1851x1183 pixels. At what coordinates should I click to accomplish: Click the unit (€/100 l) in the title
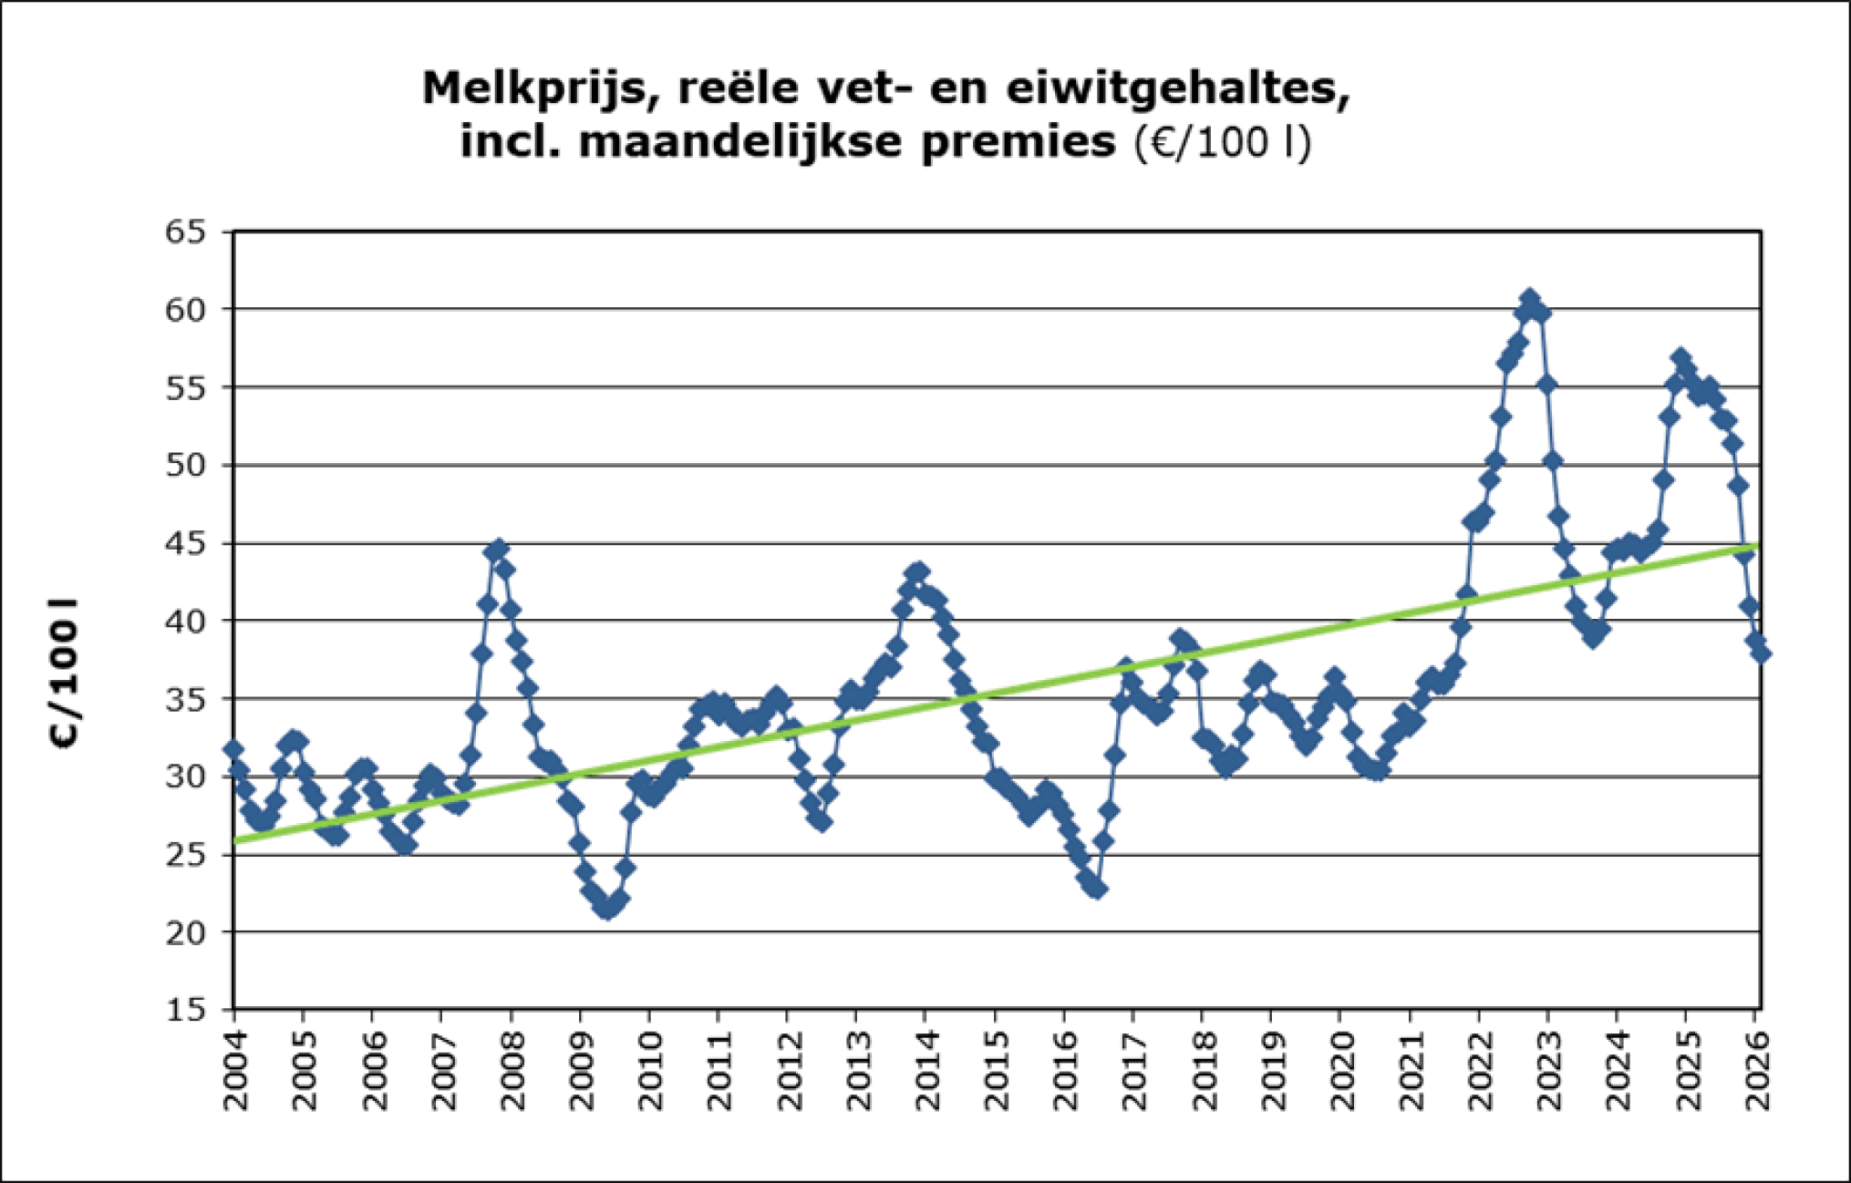[x=1223, y=143]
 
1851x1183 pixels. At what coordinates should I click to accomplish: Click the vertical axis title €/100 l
[x=65, y=674]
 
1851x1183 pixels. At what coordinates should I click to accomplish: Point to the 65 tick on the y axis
[x=186, y=231]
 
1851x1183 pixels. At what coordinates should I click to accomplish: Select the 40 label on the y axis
[x=186, y=621]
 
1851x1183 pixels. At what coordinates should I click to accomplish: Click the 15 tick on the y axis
[x=186, y=1010]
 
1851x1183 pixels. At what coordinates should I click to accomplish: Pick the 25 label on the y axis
[x=186, y=855]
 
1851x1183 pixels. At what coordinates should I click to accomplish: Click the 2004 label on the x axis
[x=235, y=1072]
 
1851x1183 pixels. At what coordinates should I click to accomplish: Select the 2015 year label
[x=997, y=1072]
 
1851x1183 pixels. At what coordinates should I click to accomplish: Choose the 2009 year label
[x=581, y=1072]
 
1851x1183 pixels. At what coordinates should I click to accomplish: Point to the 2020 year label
[x=1340, y=1072]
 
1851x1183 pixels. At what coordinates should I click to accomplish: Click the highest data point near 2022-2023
[x=1530, y=299]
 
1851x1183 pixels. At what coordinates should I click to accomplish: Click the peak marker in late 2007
[x=498, y=550]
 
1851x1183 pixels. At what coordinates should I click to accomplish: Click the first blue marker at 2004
[x=233, y=749]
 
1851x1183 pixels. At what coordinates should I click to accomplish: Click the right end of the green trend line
[x=1756, y=546]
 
